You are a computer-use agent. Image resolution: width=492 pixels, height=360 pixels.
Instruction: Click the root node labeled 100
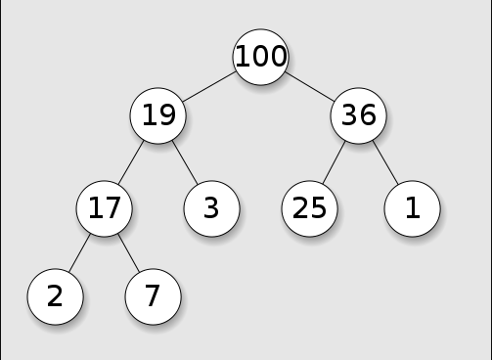260,57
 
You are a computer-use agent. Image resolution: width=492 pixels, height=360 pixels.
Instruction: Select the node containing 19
158,115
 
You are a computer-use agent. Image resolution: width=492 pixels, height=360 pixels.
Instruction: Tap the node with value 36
359,115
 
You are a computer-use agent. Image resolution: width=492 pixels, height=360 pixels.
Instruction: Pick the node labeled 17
105,208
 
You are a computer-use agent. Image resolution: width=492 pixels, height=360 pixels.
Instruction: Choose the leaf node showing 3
212,208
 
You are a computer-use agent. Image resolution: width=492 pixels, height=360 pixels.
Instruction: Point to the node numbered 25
310,208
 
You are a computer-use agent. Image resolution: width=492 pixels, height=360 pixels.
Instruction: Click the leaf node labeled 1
413,208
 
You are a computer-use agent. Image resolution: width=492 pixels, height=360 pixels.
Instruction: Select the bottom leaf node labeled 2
56,296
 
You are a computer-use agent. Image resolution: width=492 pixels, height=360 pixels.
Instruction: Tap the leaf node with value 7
154,296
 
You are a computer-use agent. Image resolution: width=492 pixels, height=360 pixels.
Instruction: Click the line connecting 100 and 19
209,86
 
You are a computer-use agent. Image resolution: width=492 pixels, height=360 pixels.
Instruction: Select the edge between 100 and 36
310,86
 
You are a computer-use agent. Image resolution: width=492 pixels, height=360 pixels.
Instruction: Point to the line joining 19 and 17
131,162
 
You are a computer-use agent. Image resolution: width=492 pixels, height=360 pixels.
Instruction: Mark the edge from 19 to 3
185,162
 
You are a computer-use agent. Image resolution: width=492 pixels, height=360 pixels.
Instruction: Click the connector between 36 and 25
334,162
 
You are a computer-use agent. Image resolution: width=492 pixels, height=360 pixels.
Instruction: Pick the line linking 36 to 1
385,162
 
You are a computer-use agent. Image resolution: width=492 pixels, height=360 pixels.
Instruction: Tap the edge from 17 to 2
79,252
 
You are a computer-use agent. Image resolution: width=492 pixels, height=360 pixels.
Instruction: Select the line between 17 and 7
129,252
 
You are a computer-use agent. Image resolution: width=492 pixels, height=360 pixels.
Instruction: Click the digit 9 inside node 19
166,115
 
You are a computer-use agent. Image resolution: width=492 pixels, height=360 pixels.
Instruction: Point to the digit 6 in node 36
368,115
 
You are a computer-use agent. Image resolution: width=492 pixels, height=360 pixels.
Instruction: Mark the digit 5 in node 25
318,208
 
